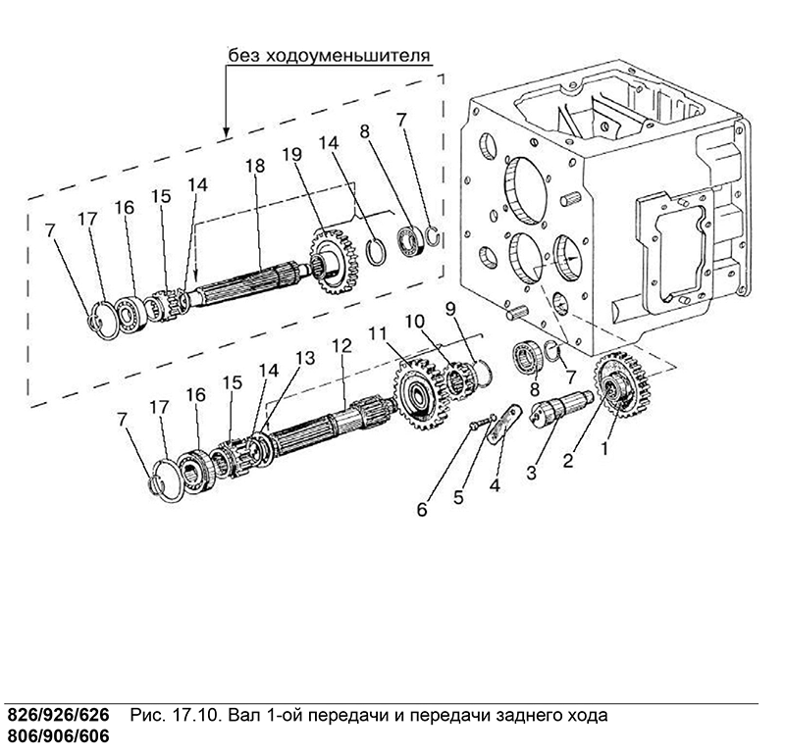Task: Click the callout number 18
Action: click(255, 166)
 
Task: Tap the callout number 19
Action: click(291, 154)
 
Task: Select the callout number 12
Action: click(341, 345)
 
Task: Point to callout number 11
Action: click(379, 333)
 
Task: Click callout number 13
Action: click(305, 358)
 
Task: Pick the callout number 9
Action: click(450, 309)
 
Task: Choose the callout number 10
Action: click(415, 322)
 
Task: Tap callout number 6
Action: click(422, 509)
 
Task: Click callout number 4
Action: click(495, 484)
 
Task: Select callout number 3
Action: click(531, 472)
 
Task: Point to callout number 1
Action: click(604, 449)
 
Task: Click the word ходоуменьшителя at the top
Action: click(347, 55)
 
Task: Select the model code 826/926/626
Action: click(58, 716)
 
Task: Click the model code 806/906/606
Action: click(58, 737)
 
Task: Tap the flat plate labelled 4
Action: click(502, 425)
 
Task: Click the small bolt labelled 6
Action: click(481, 422)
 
